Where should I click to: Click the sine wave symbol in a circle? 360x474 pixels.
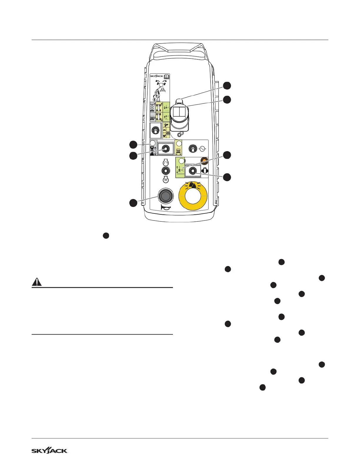(202, 149)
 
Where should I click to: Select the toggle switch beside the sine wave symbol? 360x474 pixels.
(192, 149)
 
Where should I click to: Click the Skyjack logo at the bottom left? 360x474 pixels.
(50, 451)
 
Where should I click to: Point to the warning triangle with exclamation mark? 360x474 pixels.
(36, 282)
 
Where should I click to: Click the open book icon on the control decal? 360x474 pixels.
(166, 76)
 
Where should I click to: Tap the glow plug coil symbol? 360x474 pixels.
(166, 179)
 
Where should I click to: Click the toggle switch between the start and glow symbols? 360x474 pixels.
(166, 171)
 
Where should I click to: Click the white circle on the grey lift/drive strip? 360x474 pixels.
(153, 143)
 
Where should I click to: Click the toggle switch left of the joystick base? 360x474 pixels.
(156, 130)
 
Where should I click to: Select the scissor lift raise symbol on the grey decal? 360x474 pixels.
(153, 107)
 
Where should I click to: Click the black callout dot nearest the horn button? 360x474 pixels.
(133, 203)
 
